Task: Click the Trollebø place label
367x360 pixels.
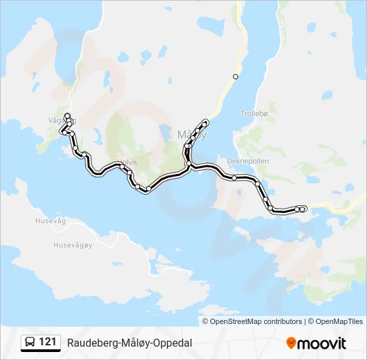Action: (254, 113)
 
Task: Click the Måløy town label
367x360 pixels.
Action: (192, 134)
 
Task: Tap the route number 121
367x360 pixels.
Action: (47, 342)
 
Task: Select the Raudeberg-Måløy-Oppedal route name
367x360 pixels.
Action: (129, 343)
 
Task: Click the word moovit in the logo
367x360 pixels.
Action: (322, 343)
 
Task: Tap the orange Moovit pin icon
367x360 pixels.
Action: (291, 343)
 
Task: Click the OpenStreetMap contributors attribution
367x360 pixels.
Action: (256, 321)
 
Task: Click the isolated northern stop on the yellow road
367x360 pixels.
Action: (236, 77)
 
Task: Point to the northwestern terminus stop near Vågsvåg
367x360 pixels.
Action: (67, 117)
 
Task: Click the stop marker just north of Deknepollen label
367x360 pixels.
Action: (235, 177)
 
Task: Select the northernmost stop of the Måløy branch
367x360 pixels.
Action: (206, 122)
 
